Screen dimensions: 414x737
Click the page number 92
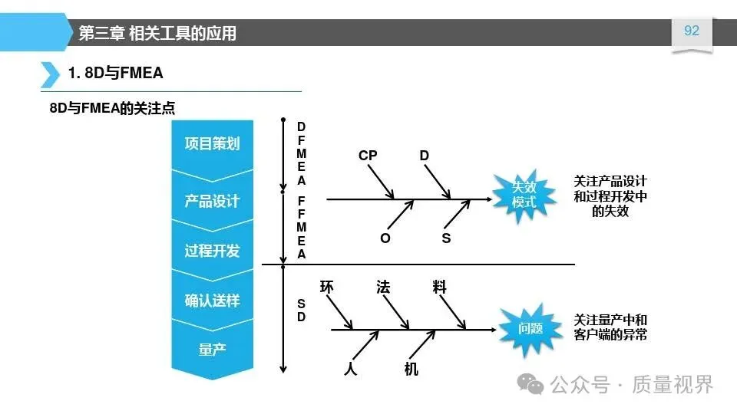tap(692, 31)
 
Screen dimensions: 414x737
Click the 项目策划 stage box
tap(212, 144)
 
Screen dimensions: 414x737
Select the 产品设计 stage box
tap(212, 201)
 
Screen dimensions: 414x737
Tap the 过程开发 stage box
tap(212, 251)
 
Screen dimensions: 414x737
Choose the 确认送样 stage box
tap(212, 301)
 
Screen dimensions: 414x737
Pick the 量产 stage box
tap(212, 350)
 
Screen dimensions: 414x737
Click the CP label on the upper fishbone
tap(368, 156)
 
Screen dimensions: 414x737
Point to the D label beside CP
tap(425, 156)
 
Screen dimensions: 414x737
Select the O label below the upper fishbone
tap(385, 238)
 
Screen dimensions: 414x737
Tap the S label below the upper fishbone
tap(446, 238)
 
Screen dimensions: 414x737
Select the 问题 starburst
tap(530, 329)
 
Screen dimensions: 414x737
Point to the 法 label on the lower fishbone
tap(383, 287)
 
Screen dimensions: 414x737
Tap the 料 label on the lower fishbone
tap(439, 287)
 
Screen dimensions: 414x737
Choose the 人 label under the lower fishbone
tap(351, 369)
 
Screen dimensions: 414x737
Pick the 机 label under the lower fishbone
tap(411, 369)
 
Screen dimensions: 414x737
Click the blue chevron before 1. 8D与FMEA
tap(49, 74)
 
